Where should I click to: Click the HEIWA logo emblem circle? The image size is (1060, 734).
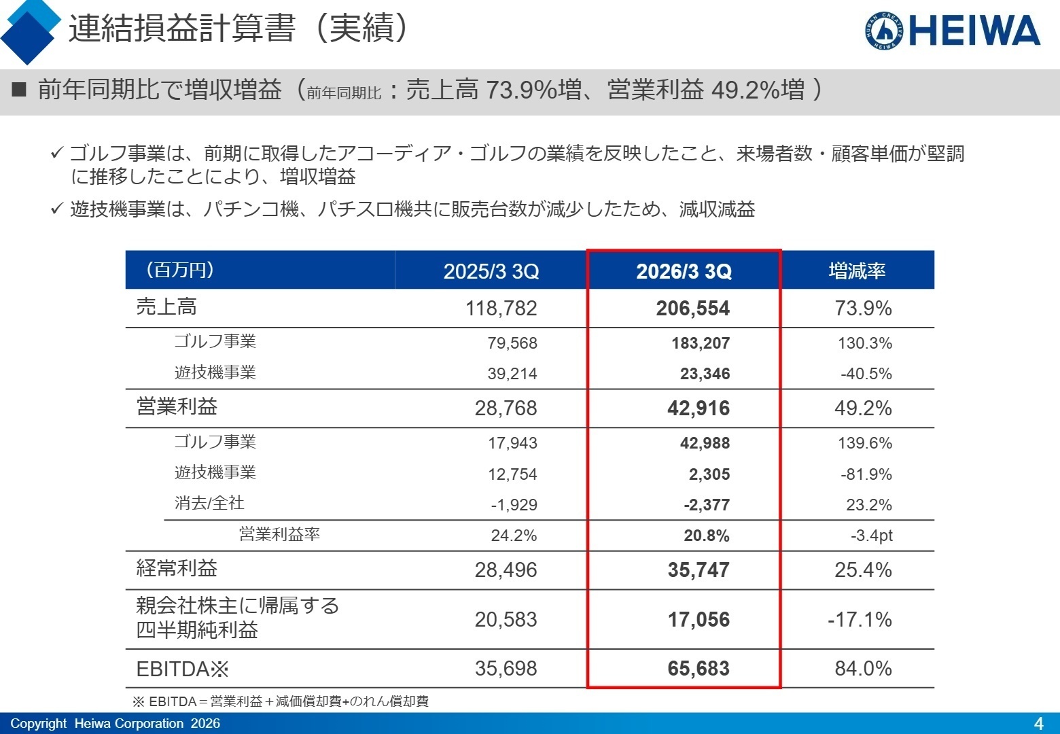pos(885,31)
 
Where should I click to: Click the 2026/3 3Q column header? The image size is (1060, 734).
pos(684,271)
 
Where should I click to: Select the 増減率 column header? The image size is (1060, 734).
pos(857,271)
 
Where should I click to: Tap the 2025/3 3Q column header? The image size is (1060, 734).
pos(491,271)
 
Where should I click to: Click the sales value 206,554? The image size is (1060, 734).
pos(692,309)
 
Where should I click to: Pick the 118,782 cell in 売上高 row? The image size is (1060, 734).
pos(501,309)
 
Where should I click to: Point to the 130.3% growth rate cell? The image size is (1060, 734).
pos(864,343)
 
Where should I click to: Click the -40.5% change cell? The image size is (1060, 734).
pos(866,374)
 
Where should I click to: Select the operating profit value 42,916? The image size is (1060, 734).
pos(698,408)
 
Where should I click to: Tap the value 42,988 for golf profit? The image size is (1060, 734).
pos(705,443)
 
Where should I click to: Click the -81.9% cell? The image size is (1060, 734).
pos(866,474)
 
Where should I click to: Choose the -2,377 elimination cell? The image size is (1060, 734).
pos(706,505)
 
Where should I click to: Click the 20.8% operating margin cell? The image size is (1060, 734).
pos(706,536)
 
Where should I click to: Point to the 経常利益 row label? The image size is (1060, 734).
pos(177,568)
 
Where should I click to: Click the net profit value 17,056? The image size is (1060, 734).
pos(698,620)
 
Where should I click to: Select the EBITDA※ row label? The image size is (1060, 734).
pos(182,669)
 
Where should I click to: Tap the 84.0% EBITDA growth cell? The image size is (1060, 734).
pos(863,669)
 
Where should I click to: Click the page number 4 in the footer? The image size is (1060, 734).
pos(1038,723)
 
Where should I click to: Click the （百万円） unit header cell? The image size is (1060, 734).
pos(180,270)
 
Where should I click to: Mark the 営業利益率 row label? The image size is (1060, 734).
pos(279,535)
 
